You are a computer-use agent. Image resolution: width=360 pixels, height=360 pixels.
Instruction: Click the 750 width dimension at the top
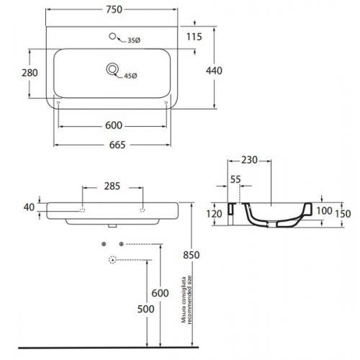pyautogui.click(x=114, y=9)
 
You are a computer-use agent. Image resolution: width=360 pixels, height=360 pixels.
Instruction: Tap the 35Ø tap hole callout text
pyautogui.click(x=134, y=40)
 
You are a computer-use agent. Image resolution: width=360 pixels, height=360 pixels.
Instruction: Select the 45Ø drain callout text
pyautogui.click(x=130, y=76)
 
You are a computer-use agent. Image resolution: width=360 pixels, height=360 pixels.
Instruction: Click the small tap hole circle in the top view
pyautogui.click(x=112, y=36)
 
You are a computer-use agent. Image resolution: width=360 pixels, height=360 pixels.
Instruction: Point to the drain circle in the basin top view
pyautogui.click(x=112, y=69)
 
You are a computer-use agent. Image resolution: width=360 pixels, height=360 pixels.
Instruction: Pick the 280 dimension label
pyautogui.click(x=30, y=73)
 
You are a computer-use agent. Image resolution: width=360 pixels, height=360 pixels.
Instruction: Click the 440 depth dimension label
pyautogui.click(x=214, y=71)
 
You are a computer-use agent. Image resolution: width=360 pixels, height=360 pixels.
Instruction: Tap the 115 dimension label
pyautogui.click(x=194, y=37)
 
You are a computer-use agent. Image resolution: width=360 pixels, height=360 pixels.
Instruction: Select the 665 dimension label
pyautogui.click(x=117, y=145)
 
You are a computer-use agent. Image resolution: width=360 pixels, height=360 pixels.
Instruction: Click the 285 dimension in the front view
pyautogui.click(x=112, y=186)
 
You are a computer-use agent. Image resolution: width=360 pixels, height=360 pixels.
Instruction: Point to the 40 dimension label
pyautogui.click(x=29, y=207)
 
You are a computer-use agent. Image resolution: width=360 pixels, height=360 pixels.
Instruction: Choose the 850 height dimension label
pyautogui.click(x=192, y=255)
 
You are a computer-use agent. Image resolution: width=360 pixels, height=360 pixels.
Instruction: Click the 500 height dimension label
pyautogui.click(x=145, y=309)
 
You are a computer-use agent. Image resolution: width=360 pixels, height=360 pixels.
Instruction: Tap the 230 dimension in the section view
pyautogui.click(x=249, y=160)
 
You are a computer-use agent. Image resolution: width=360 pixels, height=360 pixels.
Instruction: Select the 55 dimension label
pyautogui.click(x=235, y=179)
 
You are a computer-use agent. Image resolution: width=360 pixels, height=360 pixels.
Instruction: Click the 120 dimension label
pyautogui.click(x=214, y=214)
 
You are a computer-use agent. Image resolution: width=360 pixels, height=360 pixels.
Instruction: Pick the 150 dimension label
pyautogui.click(x=343, y=214)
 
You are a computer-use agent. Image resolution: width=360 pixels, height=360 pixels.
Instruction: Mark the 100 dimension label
pyautogui.click(x=324, y=211)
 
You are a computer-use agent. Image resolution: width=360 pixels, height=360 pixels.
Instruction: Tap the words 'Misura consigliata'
pyautogui.click(x=184, y=300)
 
